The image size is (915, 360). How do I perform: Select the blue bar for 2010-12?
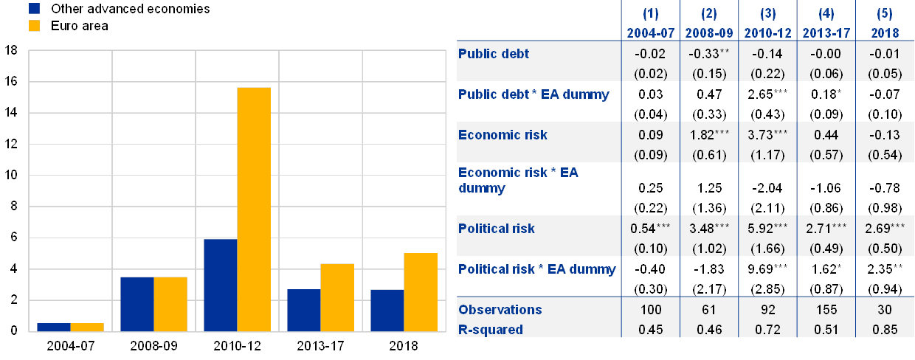point(220,285)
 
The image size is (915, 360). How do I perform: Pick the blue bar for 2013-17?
point(303,310)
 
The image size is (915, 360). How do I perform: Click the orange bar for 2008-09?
point(170,304)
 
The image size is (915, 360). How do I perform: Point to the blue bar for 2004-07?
point(53,327)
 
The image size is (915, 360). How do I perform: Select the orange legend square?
point(34,26)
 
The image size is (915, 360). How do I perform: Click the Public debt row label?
point(494,54)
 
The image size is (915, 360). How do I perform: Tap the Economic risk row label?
point(503,135)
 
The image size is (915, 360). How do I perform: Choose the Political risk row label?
point(497,229)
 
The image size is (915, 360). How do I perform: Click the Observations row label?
point(500,310)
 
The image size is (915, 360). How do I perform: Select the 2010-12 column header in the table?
point(768,33)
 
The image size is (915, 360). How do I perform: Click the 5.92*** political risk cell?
point(768,229)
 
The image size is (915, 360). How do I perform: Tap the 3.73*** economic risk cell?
point(768,135)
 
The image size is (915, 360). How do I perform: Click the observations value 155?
point(826,310)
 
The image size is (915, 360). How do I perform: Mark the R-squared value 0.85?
point(885,329)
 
